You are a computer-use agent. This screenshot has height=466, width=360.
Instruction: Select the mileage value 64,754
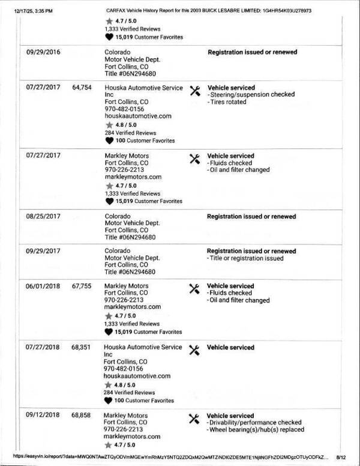(x=81, y=88)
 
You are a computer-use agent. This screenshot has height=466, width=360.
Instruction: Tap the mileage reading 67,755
(x=81, y=286)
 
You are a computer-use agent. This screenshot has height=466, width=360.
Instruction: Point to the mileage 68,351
(x=81, y=348)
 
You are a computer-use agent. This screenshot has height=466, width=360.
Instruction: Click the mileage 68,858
(x=81, y=416)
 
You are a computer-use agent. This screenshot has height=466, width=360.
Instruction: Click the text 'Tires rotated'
(x=229, y=102)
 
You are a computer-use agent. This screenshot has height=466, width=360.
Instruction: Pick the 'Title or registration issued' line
(x=245, y=258)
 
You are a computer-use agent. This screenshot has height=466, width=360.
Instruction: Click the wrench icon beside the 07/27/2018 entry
(x=194, y=349)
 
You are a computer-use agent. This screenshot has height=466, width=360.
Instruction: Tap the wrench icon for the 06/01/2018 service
(x=194, y=288)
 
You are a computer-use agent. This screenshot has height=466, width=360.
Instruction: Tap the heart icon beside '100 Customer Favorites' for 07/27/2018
(x=109, y=400)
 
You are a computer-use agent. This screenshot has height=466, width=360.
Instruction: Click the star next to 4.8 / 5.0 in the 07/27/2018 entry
(x=109, y=384)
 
